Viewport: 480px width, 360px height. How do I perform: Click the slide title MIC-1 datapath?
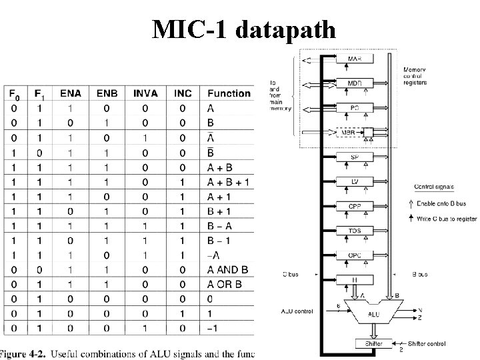point(243,29)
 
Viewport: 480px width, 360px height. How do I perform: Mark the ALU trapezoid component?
point(374,311)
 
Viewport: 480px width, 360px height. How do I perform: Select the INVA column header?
point(145,93)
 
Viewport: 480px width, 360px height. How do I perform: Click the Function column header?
point(229,93)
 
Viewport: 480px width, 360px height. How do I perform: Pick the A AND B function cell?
point(228,270)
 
